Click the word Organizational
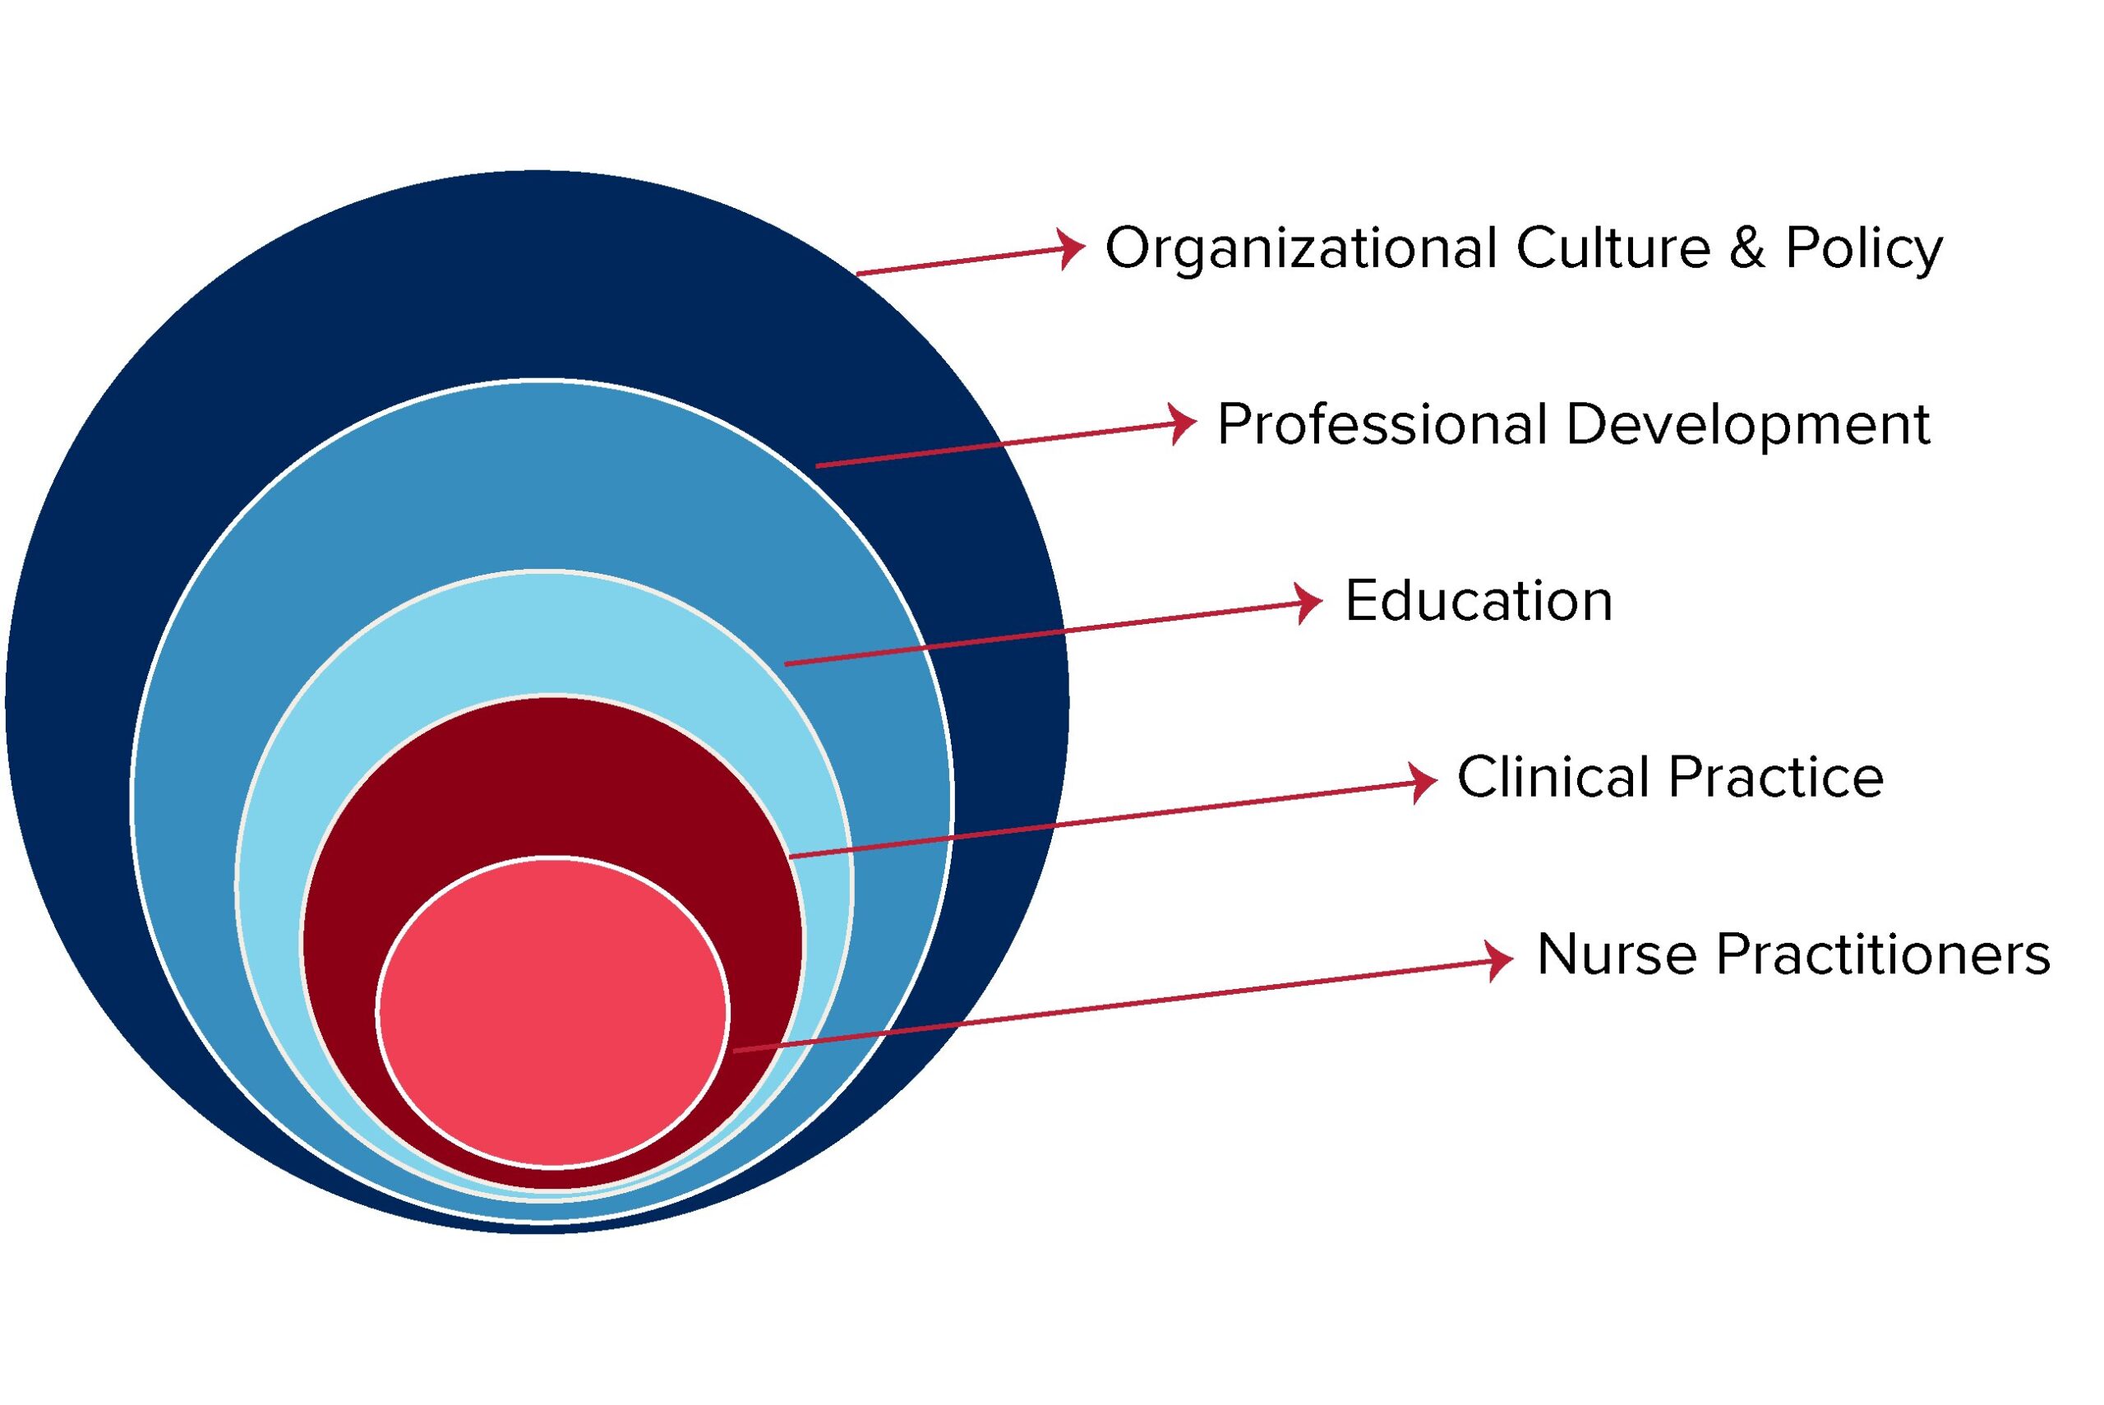click(1300, 249)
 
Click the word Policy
click(1863, 249)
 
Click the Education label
click(1478, 601)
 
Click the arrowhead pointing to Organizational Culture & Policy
click(1070, 248)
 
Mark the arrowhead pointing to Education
click(1308, 602)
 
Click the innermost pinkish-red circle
click(552, 1013)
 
